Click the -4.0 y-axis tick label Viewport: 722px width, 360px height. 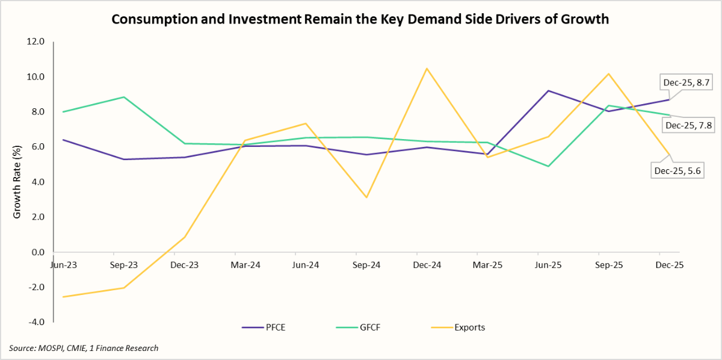[x=35, y=322]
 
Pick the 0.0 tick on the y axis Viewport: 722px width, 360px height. [x=37, y=252]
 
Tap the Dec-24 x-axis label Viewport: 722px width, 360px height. [x=426, y=264]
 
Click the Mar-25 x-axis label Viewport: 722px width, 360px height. [x=487, y=264]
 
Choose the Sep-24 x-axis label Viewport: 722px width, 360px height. [x=366, y=264]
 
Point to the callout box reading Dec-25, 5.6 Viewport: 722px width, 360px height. [x=677, y=170]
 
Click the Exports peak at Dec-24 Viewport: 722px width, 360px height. [x=427, y=69]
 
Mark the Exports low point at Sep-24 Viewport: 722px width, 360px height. [x=366, y=197]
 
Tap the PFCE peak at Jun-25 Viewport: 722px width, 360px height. [x=548, y=91]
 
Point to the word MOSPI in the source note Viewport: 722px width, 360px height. [x=51, y=348]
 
